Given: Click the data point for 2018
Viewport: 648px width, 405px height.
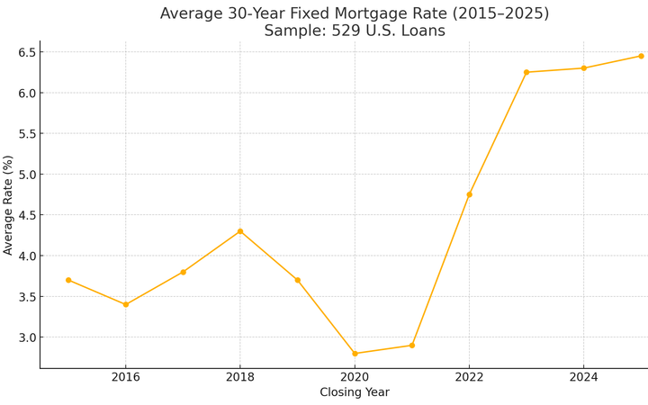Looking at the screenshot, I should pyautogui.click(x=240, y=231).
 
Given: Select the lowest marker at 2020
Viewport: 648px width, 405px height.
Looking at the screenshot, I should pyautogui.click(x=355, y=354).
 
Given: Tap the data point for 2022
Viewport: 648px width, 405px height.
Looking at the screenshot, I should pyautogui.click(x=469, y=194).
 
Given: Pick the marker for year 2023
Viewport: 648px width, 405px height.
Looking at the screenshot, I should pyautogui.click(x=526, y=72).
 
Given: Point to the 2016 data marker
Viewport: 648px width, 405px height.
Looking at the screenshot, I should pyautogui.click(x=126, y=304).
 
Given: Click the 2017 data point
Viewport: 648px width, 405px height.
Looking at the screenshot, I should pyautogui.click(x=183, y=272).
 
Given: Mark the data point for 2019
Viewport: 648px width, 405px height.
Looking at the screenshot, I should pyautogui.click(x=297, y=280).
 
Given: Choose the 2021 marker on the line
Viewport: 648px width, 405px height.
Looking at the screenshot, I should pyautogui.click(x=412, y=346).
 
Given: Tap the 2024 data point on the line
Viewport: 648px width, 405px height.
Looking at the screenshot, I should pyautogui.click(x=583, y=68).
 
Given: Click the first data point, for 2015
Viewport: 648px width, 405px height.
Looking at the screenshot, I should pyautogui.click(x=68, y=280).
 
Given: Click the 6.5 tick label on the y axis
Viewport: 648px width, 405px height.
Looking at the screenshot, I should pyautogui.click(x=24, y=52).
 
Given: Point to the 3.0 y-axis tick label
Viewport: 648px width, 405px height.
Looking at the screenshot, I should pyautogui.click(x=24, y=337).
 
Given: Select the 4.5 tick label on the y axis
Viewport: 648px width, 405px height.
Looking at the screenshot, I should pyautogui.click(x=24, y=215).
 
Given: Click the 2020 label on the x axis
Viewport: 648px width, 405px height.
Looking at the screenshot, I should pyautogui.click(x=355, y=377).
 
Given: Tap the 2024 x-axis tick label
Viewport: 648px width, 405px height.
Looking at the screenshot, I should pyautogui.click(x=583, y=377).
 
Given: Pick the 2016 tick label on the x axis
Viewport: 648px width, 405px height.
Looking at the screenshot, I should pyautogui.click(x=126, y=377).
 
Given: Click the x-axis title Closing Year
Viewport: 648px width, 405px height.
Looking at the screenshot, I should pyautogui.click(x=355, y=393).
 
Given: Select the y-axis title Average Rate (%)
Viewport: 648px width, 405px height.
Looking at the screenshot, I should pyautogui.click(x=9, y=204).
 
